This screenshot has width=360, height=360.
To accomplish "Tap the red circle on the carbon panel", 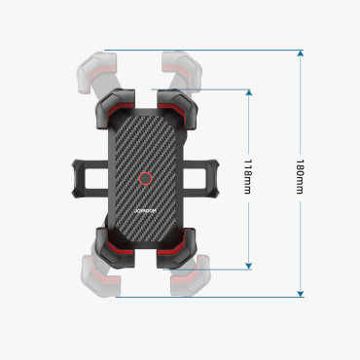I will click(145, 179).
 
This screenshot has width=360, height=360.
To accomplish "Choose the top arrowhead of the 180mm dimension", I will click(300, 54).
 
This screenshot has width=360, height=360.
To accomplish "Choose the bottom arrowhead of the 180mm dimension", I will click(300, 293).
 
